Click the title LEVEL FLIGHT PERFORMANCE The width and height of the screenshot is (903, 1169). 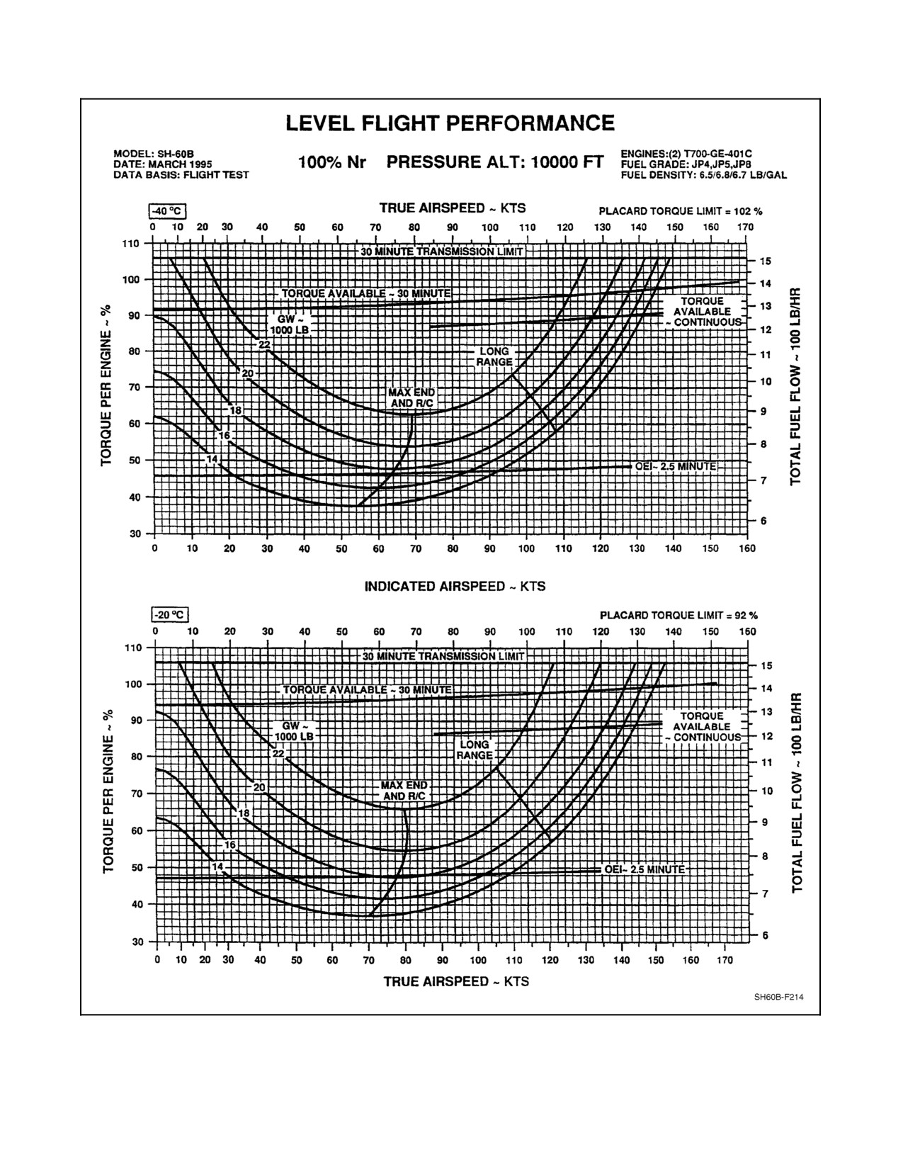(x=450, y=123)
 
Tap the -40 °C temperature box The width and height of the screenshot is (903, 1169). (x=167, y=211)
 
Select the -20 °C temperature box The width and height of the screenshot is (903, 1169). (x=170, y=614)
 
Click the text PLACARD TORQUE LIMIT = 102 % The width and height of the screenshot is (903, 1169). (x=681, y=211)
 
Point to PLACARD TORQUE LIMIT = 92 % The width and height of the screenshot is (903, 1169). (x=678, y=615)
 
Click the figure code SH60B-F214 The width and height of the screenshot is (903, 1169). (x=779, y=997)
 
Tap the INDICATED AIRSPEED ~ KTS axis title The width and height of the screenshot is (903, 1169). (x=455, y=587)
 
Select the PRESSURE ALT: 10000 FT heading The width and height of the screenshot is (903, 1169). (x=495, y=162)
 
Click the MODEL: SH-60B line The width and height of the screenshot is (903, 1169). (x=153, y=154)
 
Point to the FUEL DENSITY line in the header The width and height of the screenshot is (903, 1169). (x=703, y=175)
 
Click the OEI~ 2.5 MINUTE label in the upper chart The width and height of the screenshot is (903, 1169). (x=676, y=466)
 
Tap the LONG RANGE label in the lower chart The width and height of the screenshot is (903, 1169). (x=474, y=750)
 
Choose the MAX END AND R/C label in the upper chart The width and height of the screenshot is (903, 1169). (x=411, y=397)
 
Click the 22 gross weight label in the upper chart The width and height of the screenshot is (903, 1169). (x=265, y=344)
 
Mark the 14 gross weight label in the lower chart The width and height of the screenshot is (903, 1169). (x=217, y=866)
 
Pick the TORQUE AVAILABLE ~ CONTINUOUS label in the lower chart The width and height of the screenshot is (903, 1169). (x=703, y=726)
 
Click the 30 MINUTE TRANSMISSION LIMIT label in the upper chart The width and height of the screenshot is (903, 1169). (x=441, y=252)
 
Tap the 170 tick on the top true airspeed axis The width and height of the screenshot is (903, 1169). (x=745, y=227)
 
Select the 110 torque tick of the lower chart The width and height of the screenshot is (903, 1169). (x=133, y=648)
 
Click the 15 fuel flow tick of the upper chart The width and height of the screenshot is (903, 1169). (x=766, y=261)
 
